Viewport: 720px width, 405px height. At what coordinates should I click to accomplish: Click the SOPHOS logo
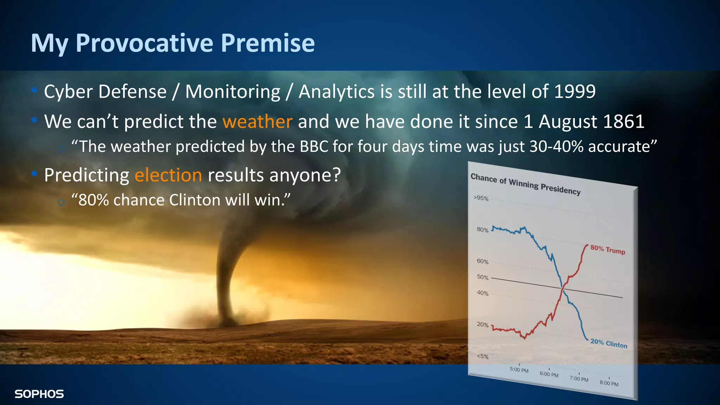point(39,394)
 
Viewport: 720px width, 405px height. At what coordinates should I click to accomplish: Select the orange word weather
point(257,122)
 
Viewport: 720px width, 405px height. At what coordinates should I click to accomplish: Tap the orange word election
point(168,175)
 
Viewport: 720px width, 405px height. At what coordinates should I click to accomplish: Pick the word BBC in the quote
point(314,147)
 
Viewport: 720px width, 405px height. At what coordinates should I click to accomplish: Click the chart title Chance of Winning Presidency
point(525,184)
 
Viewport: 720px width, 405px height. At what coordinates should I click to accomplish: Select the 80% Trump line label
point(607,250)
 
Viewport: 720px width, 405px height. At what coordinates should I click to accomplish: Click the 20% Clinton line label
point(609,343)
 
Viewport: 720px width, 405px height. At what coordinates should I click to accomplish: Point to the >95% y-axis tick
point(481,198)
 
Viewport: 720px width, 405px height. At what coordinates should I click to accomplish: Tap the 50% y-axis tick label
point(482,277)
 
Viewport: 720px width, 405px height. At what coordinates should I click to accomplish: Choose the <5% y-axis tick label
point(482,356)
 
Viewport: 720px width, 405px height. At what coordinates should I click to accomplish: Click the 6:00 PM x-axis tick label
point(549,374)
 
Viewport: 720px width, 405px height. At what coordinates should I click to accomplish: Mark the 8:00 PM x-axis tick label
point(609,383)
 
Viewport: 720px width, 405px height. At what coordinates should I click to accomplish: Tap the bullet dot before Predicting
point(34,173)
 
